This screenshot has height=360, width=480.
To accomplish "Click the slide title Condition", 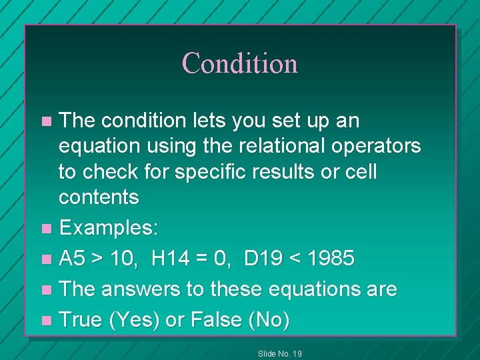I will coord(239,63).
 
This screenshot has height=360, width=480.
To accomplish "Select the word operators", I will coord(383,146).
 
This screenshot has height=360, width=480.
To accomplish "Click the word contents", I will coord(99,197).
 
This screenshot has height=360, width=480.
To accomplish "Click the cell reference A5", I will coord(73,258).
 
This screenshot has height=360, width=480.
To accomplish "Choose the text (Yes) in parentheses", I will coord(133,320).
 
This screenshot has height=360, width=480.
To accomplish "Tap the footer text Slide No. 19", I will coord(280,353).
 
